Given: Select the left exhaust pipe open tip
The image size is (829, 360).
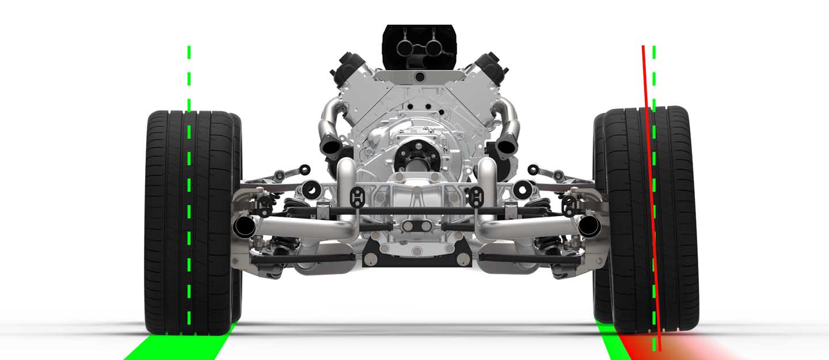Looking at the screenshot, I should click(245, 227).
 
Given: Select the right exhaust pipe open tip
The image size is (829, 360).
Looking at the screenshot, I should click(589, 227).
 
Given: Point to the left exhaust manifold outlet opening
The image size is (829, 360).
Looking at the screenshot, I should click(330, 147).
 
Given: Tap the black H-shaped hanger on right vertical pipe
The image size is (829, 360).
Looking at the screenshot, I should click(476, 195).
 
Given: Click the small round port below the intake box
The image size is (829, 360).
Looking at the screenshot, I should click(420, 77).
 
